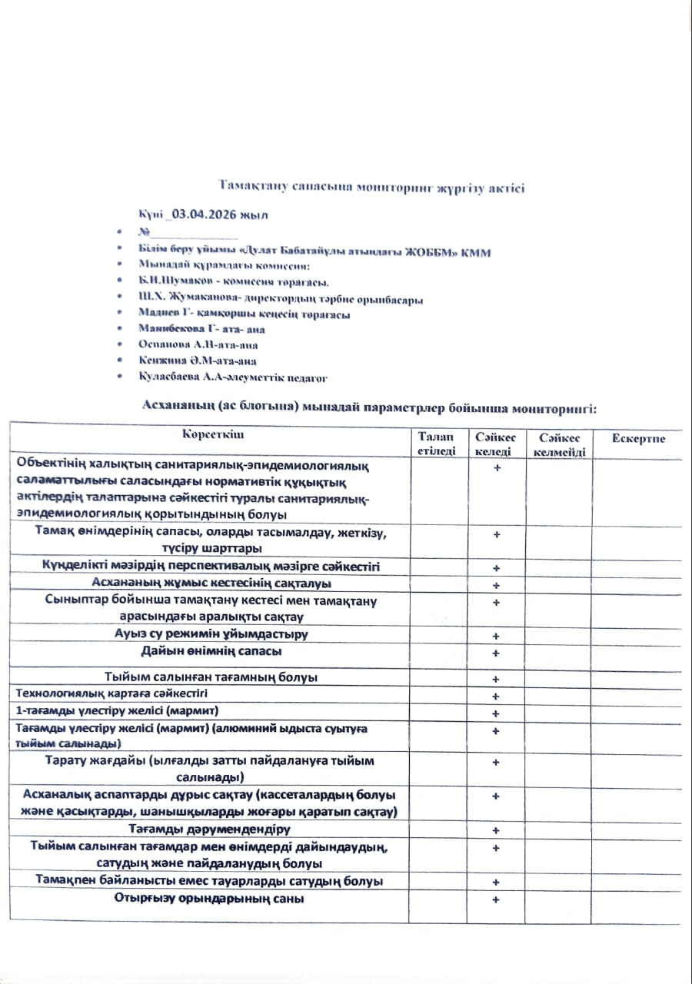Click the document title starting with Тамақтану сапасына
point(371,188)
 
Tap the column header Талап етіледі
point(437,444)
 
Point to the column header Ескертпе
point(638,438)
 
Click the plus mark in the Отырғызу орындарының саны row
point(497,899)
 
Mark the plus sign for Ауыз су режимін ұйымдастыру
point(497,636)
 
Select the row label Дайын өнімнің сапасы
point(211,651)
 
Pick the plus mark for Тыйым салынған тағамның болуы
point(497,679)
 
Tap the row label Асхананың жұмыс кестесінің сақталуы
point(211,583)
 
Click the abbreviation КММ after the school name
point(476,252)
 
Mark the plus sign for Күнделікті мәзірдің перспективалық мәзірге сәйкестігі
point(497,568)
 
